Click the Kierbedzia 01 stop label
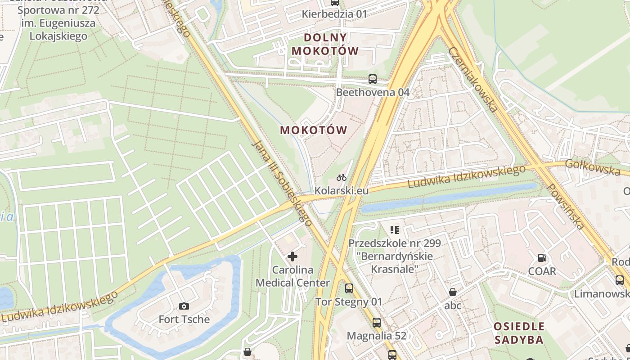click(x=334, y=14)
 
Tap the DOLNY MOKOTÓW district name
click(x=325, y=44)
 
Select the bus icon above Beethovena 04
click(x=372, y=79)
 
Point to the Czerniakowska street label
click(x=473, y=80)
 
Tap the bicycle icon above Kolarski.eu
click(x=342, y=177)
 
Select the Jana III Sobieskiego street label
click(x=283, y=183)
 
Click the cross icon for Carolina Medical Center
click(x=292, y=256)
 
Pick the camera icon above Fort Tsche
click(x=184, y=306)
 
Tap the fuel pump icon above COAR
click(x=542, y=258)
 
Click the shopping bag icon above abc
click(x=453, y=292)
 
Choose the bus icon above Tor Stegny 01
click(x=349, y=288)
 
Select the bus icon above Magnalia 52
click(x=377, y=323)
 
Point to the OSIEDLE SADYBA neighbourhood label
click(x=519, y=333)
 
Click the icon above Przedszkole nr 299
click(x=395, y=230)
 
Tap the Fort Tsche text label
click(x=184, y=319)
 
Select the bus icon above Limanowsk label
click(x=620, y=280)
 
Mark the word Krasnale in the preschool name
click(x=395, y=269)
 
